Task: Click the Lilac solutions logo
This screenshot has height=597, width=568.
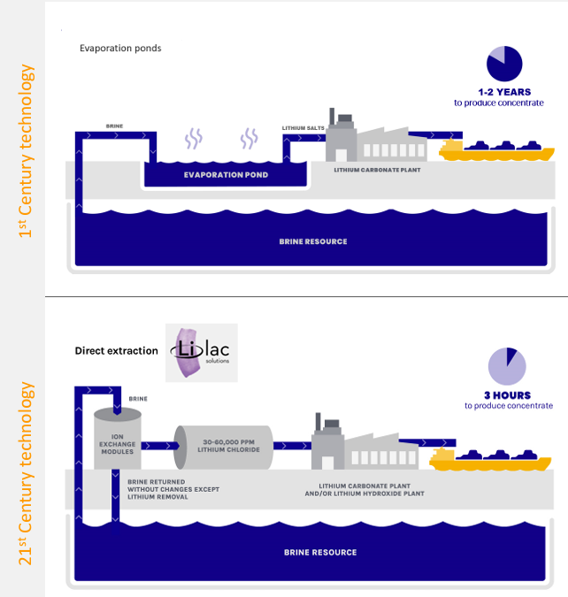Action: (x=202, y=352)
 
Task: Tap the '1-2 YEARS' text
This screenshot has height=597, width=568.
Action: (x=503, y=91)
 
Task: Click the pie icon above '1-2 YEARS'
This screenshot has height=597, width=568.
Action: (x=504, y=62)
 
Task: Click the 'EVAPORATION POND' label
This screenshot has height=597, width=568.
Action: (x=226, y=175)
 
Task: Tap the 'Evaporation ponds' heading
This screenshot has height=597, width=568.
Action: (x=120, y=48)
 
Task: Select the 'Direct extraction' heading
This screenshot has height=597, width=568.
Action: (x=116, y=350)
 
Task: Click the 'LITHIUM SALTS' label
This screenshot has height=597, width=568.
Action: (x=303, y=128)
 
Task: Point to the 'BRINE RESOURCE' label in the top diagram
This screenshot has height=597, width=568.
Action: (x=312, y=241)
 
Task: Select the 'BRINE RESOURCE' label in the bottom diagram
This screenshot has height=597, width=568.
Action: (x=319, y=552)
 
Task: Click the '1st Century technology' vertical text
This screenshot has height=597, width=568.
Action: (x=27, y=151)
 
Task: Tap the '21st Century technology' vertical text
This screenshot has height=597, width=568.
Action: (x=27, y=473)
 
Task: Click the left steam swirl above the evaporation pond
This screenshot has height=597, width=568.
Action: (x=193, y=138)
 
